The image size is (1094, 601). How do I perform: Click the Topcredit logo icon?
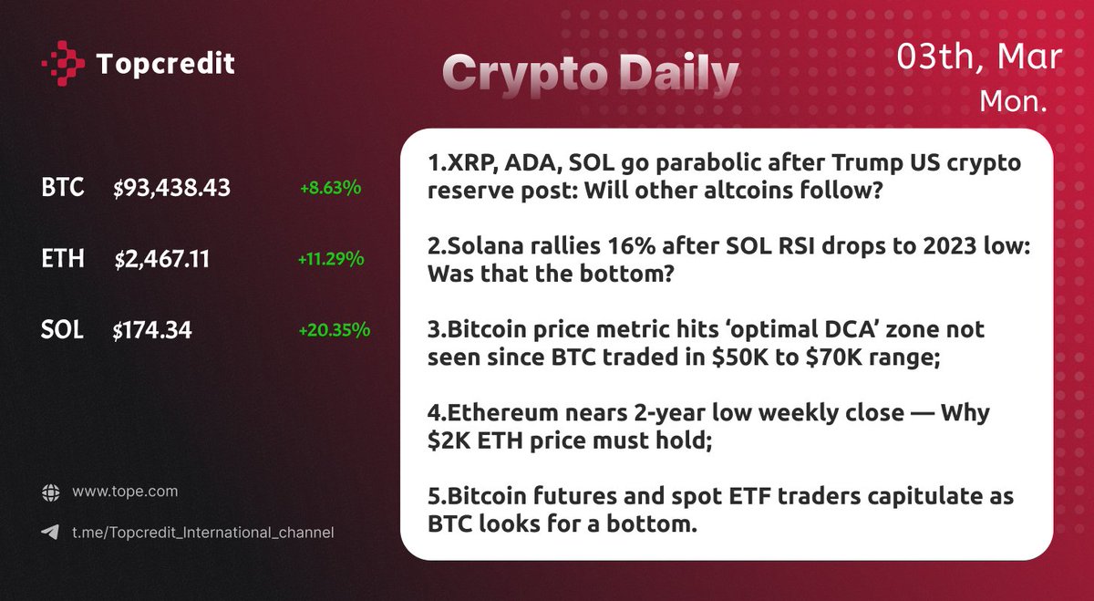coord(63,63)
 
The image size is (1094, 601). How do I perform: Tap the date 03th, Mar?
coord(978,57)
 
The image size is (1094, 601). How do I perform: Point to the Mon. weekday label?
coord(1012,101)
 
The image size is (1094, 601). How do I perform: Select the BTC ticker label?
coord(63,189)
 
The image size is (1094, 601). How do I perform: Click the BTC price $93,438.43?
coord(172,189)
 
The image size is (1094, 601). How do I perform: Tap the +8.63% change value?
coord(330,189)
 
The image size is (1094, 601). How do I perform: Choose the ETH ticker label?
coord(63,260)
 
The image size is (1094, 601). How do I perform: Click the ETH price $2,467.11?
coord(162,260)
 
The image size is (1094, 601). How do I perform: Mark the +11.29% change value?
coord(331,260)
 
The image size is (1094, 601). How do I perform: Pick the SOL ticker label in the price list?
coord(62,330)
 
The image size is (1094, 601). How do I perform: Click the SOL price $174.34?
coord(152,330)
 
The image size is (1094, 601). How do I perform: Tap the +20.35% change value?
coord(334,330)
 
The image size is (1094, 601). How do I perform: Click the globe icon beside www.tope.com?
coord(50,492)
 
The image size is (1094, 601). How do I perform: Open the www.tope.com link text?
coord(125,492)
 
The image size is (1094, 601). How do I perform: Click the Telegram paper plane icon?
coord(50,532)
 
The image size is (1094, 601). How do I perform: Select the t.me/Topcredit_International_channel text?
coord(203,532)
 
